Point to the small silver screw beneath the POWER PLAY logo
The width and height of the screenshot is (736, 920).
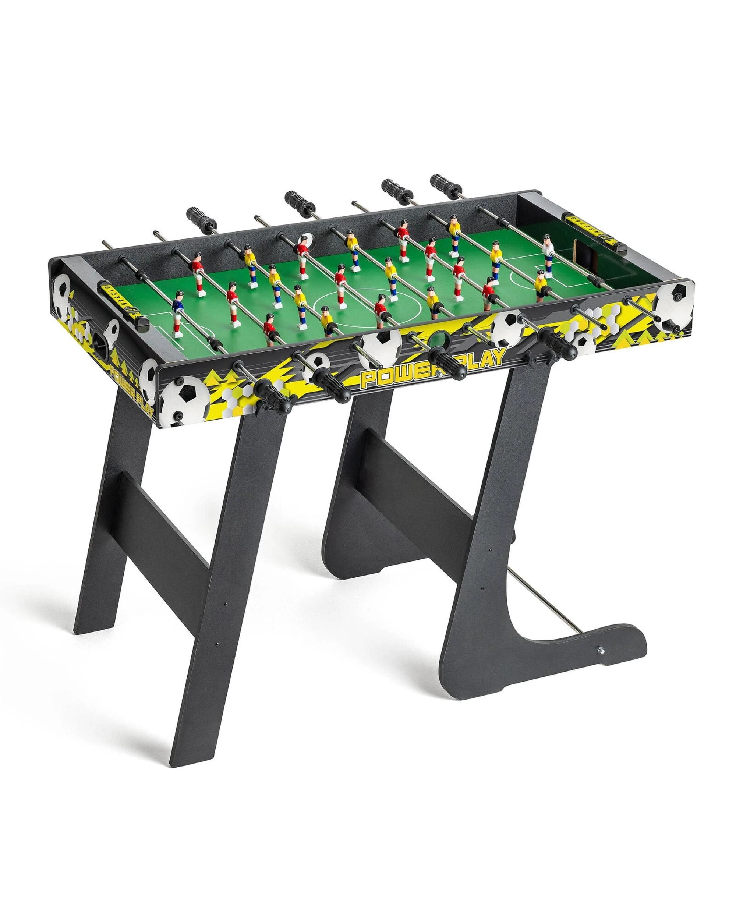coord(436,374)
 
